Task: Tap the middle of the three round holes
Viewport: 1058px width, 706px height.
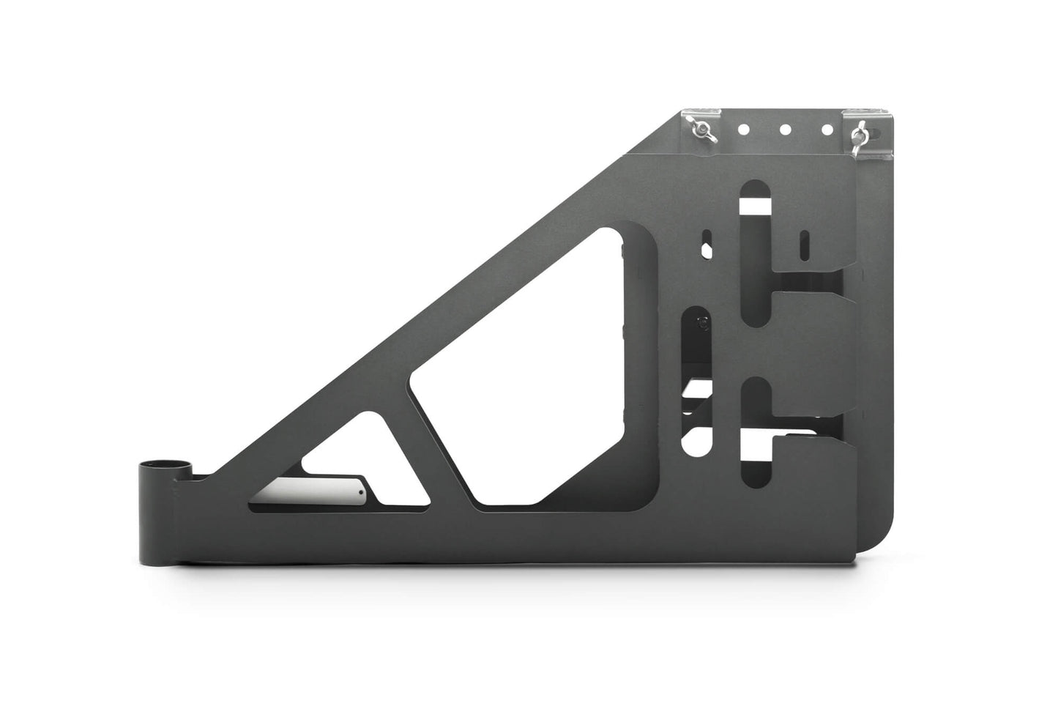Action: click(785, 130)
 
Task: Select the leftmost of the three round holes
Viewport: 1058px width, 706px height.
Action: click(742, 130)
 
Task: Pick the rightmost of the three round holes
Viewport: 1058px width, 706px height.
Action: click(827, 130)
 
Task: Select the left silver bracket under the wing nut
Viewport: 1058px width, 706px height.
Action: click(699, 125)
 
